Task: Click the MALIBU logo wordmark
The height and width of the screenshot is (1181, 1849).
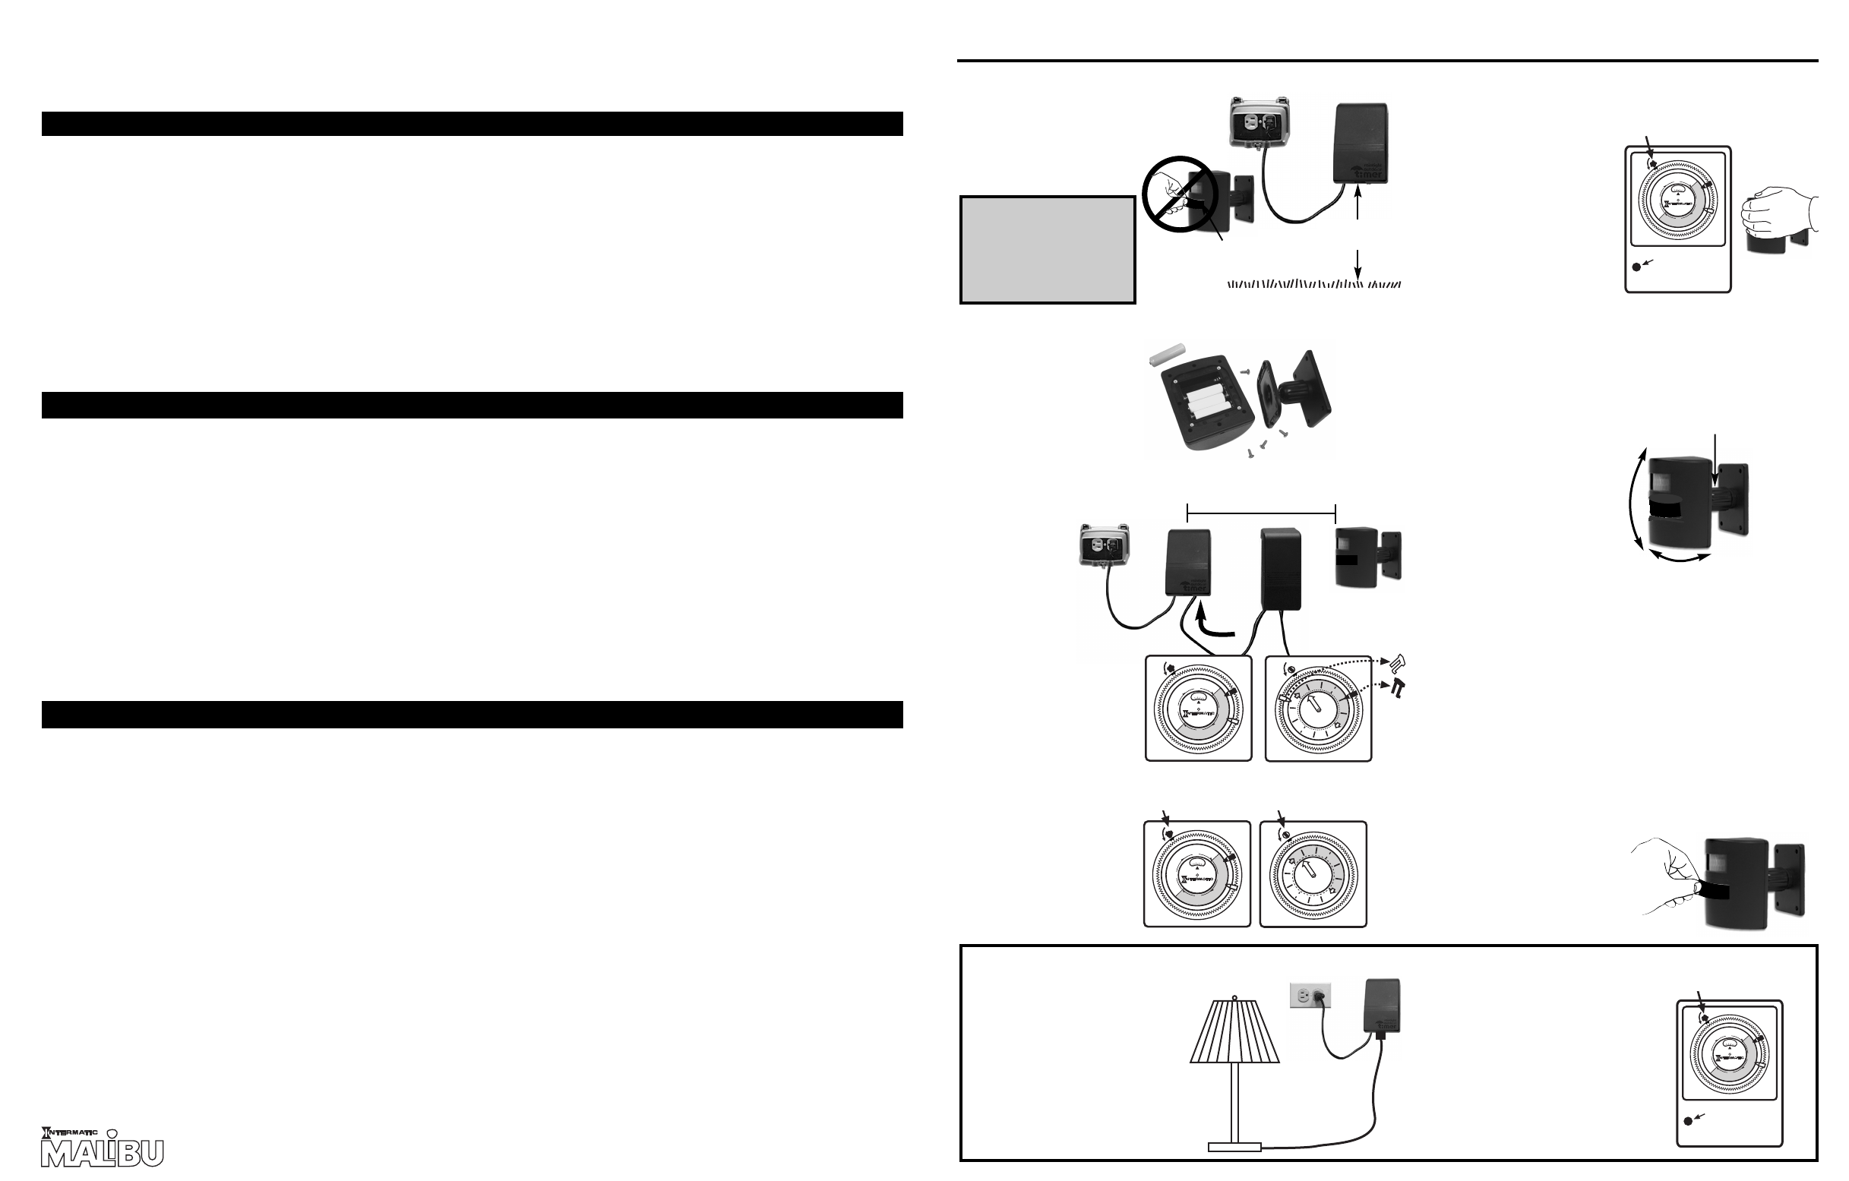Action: coord(102,1153)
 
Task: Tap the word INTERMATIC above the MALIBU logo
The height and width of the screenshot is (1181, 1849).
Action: coord(70,1132)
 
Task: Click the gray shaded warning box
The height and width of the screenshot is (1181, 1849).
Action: coord(1048,251)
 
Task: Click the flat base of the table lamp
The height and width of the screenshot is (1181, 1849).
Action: coord(1234,1148)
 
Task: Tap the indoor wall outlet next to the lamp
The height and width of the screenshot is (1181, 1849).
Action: coord(1310,996)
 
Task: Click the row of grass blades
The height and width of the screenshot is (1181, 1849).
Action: coord(1313,285)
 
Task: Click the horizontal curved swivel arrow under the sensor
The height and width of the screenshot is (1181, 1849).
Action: coord(1680,560)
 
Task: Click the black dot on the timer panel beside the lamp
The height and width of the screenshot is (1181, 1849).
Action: coord(1688,1142)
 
